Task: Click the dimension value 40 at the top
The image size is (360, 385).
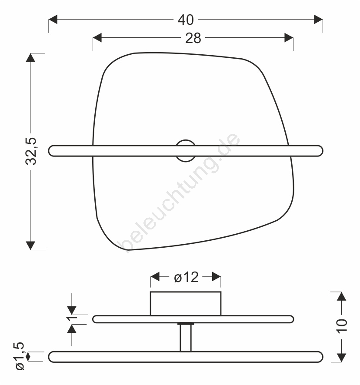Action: (x=186, y=20)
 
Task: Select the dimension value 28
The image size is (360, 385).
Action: (x=193, y=38)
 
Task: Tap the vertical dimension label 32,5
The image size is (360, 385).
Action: (x=31, y=151)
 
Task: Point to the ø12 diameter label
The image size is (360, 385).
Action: (x=186, y=277)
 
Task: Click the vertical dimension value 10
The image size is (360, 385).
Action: (x=342, y=326)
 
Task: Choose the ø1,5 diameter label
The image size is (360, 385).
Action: (x=20, y=356)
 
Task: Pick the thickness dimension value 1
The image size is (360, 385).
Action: (x=72, y=318)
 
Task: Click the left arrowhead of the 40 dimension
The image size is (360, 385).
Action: (x=53, y=20)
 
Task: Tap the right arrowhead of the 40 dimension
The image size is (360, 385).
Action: (x=318, y=20)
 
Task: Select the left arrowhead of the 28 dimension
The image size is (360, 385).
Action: (x=97, y=38)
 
